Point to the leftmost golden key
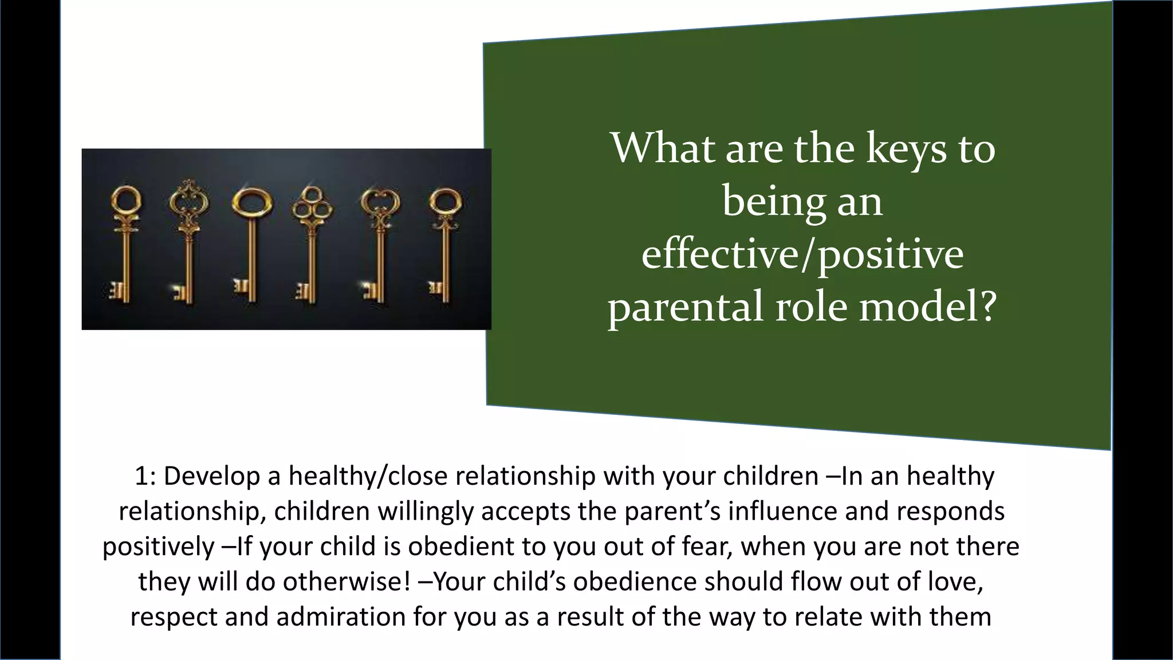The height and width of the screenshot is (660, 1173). [124, 243]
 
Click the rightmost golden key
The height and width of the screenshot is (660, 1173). [444, 243]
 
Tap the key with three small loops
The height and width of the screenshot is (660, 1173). [311, 243]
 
